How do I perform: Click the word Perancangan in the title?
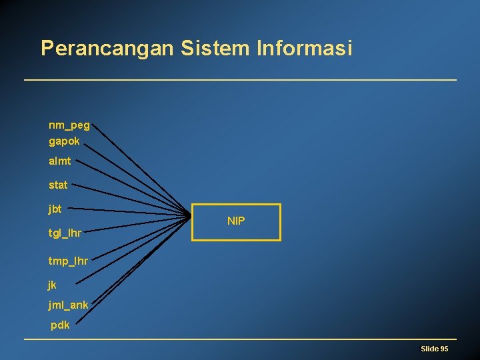tap(106, 49)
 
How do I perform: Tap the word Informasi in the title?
tap(303, 49)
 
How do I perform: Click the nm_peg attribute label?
tap(69, 125)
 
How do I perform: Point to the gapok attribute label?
tap(64, 141)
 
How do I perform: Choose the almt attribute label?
tap(60, 161)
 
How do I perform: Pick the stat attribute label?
tap(58, 185)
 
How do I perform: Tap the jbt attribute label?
tap(55, 209)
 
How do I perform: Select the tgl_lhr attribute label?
tap(65, 233)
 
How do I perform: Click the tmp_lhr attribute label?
tap(68, 260)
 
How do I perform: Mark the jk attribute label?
tap(53, 285)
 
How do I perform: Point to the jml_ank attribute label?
tap(68, 305)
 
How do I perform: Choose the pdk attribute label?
tap(60, 325)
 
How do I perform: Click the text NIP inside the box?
tap(236, 221)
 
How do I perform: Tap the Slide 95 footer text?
tap(434, 349)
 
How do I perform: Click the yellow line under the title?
tap(240, 80)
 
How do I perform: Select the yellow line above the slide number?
tap(240, 339)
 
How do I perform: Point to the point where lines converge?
tap(189, 215)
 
